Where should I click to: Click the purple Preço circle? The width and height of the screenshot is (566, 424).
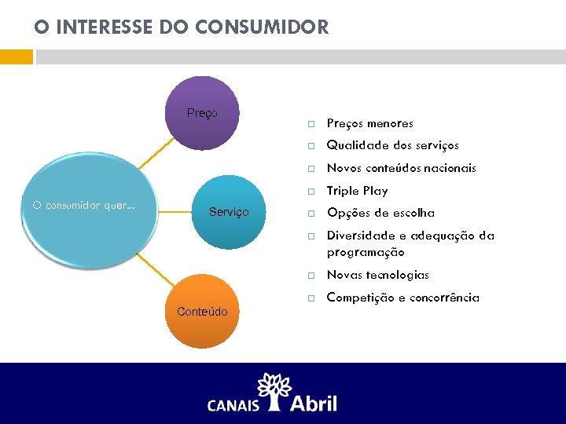(203, 112)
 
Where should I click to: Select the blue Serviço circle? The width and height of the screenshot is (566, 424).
(229, 212)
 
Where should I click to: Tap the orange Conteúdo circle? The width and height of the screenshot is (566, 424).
(202, 312)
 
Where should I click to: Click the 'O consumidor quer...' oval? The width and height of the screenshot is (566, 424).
(84, 206)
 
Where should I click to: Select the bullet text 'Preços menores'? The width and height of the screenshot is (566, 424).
(369, 123)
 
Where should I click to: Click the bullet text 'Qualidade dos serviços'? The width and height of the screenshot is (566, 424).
(392, 145)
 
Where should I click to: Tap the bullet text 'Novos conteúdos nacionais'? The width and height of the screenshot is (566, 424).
(401, 168)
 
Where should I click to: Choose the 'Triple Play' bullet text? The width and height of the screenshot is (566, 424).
(357, 191)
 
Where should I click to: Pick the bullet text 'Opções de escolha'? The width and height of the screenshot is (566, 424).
(380, 213)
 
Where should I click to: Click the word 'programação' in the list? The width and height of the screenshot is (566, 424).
(366, 252)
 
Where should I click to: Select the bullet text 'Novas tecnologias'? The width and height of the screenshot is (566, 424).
(377, 275)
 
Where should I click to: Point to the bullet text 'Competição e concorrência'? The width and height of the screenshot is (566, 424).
(402, 298)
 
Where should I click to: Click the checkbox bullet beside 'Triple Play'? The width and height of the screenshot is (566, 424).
(311, 192)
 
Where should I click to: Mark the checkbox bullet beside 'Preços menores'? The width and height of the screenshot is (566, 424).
(311, 124)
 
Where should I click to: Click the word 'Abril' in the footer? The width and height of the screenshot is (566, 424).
(314, 403)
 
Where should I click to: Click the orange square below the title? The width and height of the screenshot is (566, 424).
(17, 57)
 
